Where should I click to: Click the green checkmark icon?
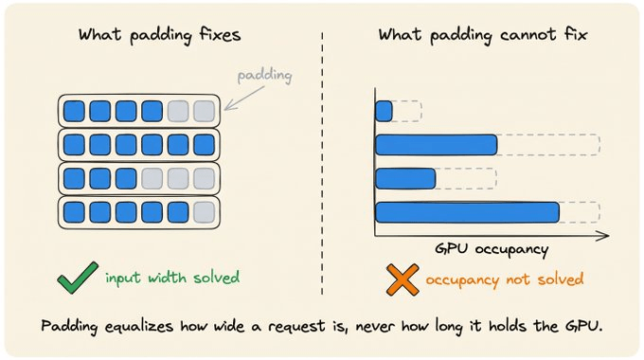(78, 278)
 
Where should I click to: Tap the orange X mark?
(402, 279)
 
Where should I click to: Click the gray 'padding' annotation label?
(265, 76)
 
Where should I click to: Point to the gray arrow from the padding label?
(244, 99)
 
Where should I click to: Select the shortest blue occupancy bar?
(384, 111)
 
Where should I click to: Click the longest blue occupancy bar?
(467, 212)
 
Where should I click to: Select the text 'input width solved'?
(172, 278)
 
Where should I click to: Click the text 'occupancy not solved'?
(505, 279)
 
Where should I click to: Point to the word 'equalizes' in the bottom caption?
(139, 326)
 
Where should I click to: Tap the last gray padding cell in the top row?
(205, 111)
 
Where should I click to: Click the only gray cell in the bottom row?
(205, 212)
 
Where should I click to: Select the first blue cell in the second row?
(74, 145)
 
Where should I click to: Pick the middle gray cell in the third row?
(178, 178)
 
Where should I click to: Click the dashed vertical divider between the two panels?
(322, 164)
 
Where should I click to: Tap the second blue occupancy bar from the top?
(437, 145)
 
